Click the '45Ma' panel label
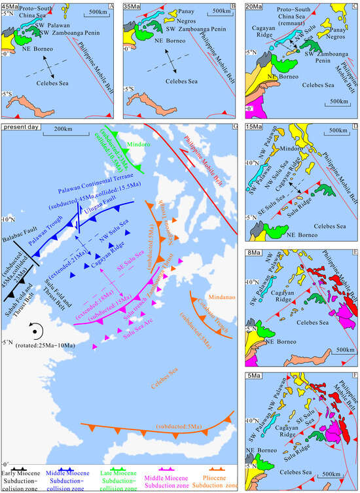click(11, 6)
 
